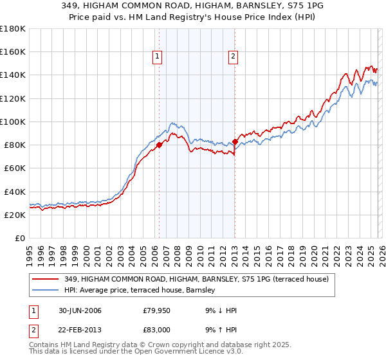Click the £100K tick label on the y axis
pos(13,122)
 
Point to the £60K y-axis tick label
pos(15,168)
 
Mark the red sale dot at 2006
pos(159,145)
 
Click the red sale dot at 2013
pos(235,141)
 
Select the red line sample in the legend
pos(46,279)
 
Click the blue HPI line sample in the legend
pos(46,289)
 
